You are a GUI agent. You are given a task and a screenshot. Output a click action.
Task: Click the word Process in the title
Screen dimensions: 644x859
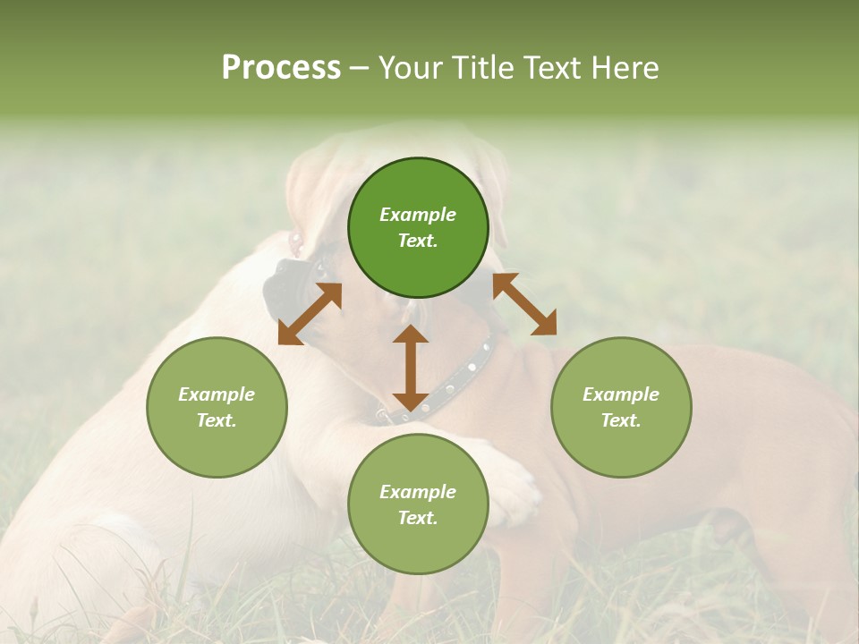[281, 68]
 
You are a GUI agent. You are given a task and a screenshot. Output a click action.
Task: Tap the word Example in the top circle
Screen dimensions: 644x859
[418, 215]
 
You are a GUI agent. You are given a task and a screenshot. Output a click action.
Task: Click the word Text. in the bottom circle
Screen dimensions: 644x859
[418, 518]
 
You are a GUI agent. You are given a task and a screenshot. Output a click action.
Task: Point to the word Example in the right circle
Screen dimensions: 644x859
[621, 394]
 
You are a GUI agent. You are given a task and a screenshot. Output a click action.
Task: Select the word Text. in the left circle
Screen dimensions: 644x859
[217, 420]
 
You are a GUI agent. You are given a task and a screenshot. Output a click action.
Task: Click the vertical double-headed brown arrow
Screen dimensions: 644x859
[410, 367]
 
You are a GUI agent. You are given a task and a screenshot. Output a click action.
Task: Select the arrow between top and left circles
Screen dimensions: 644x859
[310, 313]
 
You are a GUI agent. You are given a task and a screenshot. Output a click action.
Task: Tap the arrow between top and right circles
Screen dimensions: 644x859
[524, 304]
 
